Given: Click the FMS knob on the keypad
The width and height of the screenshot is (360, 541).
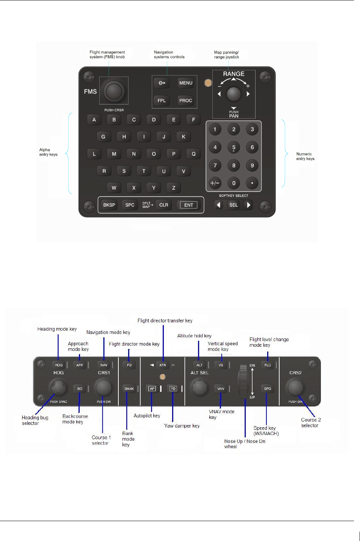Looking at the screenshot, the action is pos(114,91).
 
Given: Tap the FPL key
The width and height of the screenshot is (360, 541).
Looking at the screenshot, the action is pos(162,100).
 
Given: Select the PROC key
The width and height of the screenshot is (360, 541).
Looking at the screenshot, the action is pos(186,100).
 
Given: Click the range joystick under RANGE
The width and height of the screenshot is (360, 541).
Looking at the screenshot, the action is pos(233,94).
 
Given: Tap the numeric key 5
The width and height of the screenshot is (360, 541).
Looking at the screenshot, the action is pos(234,147).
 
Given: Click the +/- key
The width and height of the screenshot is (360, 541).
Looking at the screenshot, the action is pos(215,183).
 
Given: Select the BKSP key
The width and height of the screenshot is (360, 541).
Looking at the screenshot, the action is pos(109,205).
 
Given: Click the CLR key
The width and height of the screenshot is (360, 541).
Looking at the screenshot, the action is pos(164,205).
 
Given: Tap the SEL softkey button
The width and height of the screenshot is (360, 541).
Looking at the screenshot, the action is pos(233,205).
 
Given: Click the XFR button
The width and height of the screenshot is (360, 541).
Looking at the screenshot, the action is pos(163,365).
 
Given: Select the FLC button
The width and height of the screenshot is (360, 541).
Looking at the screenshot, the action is pos(268,365).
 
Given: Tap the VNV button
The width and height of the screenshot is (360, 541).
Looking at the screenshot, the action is pos(221,388).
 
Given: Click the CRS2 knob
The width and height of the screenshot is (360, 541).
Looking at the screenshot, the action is pos(295,387).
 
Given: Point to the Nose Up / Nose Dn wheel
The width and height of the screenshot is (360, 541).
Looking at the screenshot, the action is pos(244,381).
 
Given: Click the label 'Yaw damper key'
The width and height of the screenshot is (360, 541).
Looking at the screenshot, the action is pos(182,426).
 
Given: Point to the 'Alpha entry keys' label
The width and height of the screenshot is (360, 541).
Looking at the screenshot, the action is pos(48,152).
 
